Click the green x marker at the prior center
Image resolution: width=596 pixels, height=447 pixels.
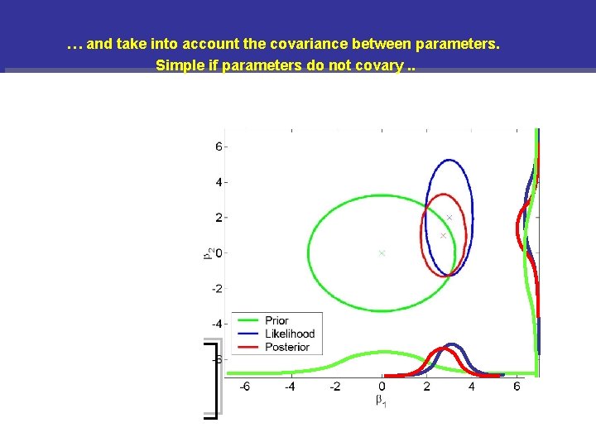[x=382, y=252]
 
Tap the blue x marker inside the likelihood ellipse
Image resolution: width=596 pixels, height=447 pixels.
[x=449, y=217]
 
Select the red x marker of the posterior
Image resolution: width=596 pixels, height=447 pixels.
[x=443, y=236]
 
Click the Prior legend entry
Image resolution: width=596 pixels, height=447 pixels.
[x=276, y=320]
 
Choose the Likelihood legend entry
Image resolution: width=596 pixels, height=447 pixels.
[x=289, y=334]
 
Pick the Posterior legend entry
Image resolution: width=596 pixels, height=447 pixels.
[x=286, y=347]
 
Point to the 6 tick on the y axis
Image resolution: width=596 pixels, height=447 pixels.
[x=219, y=147]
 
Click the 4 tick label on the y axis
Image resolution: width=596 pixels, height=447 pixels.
[x=219, y=182]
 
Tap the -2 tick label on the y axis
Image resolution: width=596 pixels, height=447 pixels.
[x=216, y=288]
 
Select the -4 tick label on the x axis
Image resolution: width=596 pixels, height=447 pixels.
[x=290, y=387]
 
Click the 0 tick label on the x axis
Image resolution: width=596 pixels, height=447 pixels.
[x=382, y=387]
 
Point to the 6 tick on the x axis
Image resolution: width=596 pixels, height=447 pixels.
[x=517, y=387]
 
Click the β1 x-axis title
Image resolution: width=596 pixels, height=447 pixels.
[x=381, y=401]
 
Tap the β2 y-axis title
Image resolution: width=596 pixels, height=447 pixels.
[x=206, y=252]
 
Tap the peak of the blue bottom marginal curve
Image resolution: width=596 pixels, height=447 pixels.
[x=451, y=344]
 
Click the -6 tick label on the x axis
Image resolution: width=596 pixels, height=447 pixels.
[x=245, y=387]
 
